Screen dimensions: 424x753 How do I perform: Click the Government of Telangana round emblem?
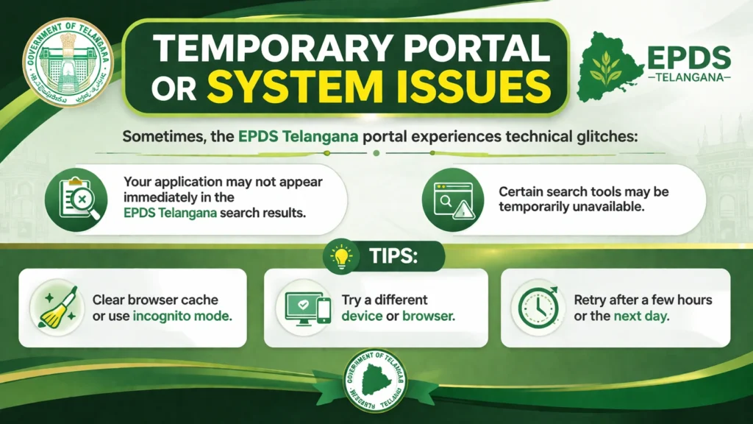68,63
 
